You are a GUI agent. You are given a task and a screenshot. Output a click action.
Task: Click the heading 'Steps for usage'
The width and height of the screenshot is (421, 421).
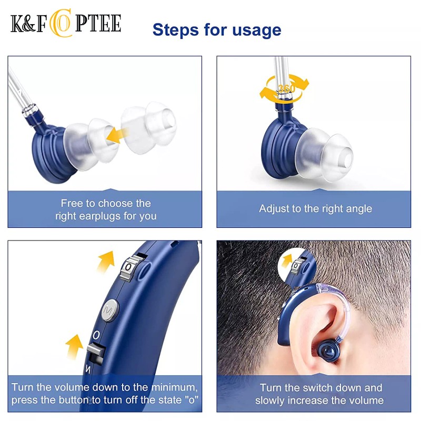coord(217,29)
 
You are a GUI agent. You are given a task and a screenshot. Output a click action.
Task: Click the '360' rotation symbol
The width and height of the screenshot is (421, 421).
coord(286,89)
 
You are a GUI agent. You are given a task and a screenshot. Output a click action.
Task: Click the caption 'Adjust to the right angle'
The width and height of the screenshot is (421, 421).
coord(315,208)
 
